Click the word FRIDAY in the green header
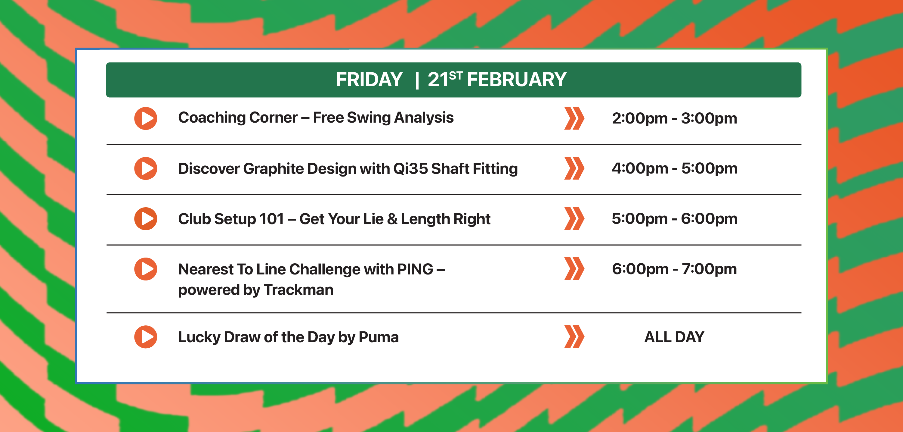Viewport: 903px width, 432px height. (x=369, y=79)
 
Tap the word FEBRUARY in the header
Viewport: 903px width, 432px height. (x=517, y=79)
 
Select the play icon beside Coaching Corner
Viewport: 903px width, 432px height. (x=145, y=118)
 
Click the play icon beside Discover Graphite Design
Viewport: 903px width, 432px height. (x=145, y=168)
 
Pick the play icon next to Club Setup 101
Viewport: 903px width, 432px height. (x=145, y=219)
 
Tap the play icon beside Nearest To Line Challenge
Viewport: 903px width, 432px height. (x=145, y=269)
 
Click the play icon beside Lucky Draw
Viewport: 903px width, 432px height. (x=145, y=337)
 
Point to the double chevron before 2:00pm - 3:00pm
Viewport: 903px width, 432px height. (x=574, y=118)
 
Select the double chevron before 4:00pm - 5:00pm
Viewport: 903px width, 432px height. (x=574, y=168)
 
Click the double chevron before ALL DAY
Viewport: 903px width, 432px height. (x=574, y=337)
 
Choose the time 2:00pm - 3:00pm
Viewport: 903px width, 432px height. (x=674, y=119)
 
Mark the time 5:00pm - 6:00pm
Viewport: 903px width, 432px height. (x=674, y=219)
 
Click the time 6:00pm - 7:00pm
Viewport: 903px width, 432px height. (x=674, y=269)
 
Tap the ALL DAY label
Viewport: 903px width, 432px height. (x=674, y=337)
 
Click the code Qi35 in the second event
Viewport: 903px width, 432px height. (x=410, y=168)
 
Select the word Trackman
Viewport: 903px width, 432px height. (x=298, y=290)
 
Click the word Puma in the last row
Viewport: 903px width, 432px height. (x=379, y=337)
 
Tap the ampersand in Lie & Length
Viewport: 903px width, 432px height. (x=392, y=219)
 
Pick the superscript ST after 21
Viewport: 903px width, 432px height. (x=456, y=75)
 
